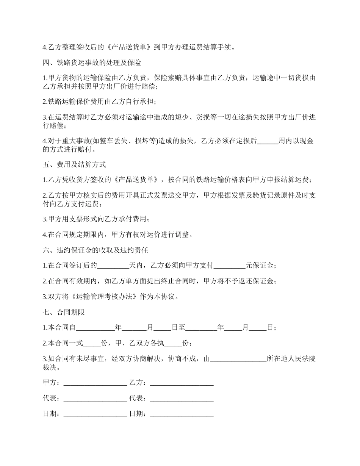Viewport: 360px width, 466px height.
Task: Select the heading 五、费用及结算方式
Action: pos(74,164)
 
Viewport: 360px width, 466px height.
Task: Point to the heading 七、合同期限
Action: pos(64,313)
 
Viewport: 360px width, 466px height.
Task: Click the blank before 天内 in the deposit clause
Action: pos(113,266)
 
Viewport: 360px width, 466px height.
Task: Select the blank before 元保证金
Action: pos(230,266)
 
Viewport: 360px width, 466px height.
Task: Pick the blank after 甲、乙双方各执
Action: pos(173,343)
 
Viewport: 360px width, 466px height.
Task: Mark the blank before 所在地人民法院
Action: pos(238,359)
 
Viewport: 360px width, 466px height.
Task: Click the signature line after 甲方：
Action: pos(95,383)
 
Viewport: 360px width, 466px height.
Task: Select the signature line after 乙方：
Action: pos(182,383)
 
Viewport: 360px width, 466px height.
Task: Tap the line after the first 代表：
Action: pos(95,399)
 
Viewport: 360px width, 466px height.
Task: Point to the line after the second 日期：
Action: pos(182,414)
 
